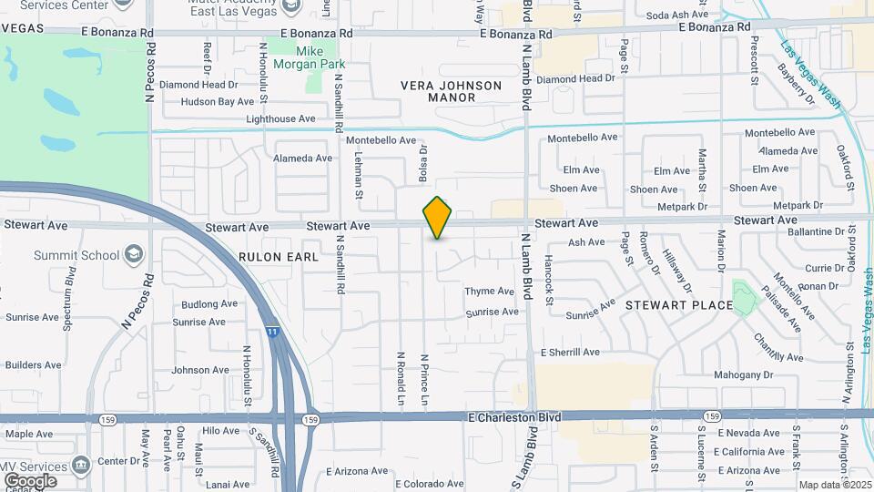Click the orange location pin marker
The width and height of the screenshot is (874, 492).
(438, 218)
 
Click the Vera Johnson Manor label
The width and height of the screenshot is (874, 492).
(452, 91)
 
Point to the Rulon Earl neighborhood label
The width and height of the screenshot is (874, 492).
(279, 257)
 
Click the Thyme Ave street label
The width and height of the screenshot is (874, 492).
(490, 292)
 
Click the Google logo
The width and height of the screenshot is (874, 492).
(30, 480)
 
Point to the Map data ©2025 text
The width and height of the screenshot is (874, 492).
(834, 485)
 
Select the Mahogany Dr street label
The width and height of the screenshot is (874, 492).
(742, 374)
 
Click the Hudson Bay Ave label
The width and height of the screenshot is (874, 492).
(218, 102)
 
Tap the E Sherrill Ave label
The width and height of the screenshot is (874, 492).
(570, 353)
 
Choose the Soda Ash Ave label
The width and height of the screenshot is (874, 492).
(676, 15)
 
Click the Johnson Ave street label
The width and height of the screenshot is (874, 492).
(201, 370)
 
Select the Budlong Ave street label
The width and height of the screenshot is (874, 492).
(209, 304)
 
